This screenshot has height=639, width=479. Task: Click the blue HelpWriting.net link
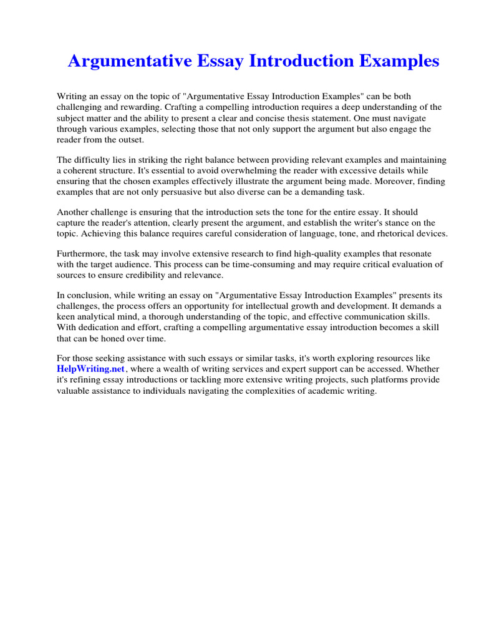click(91, 369)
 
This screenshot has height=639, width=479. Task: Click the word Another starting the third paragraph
click(74, 213)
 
